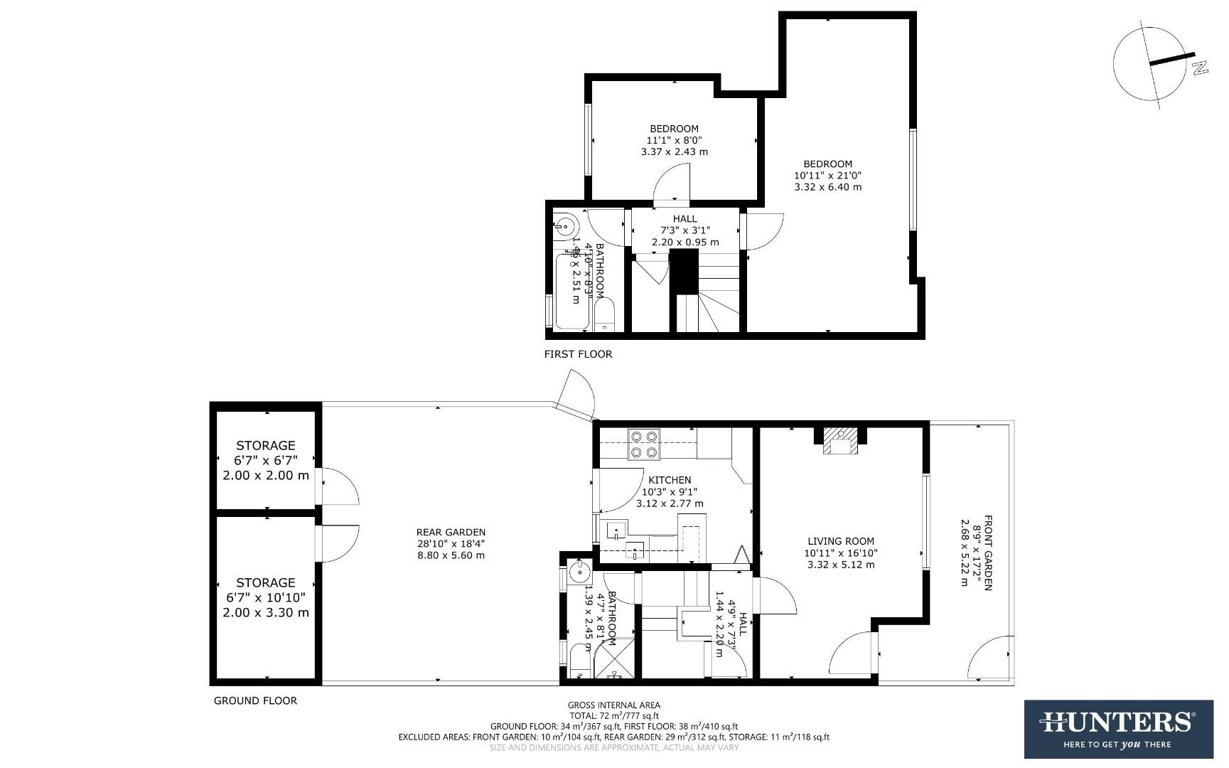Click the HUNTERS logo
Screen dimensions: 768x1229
[x=1118, y=729]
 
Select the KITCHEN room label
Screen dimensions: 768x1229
[x=670, y=480]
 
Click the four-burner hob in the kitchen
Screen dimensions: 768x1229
[x=644, y=444]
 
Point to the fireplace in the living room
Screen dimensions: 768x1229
[x=842, y=441]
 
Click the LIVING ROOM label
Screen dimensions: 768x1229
[x=841, y=541]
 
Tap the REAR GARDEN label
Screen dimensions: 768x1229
[x=451, y=532]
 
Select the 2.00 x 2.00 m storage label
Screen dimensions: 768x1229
[x=266, y=475]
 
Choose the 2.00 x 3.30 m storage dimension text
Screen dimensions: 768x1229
[x=266, y=612]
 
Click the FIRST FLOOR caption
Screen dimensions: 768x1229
[x=578, y=354]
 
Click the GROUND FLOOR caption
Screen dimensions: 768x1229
[x=255, y=700]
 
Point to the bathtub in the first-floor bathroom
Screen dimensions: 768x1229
[x=571, y=292]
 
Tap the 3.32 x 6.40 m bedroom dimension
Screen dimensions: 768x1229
[x=828, y=187]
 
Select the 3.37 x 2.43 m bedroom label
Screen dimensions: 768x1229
[x=674, y=151]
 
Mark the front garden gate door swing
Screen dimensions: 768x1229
[x=992, y=658]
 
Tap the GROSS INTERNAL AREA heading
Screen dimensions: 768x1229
[x=614, y=705]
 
